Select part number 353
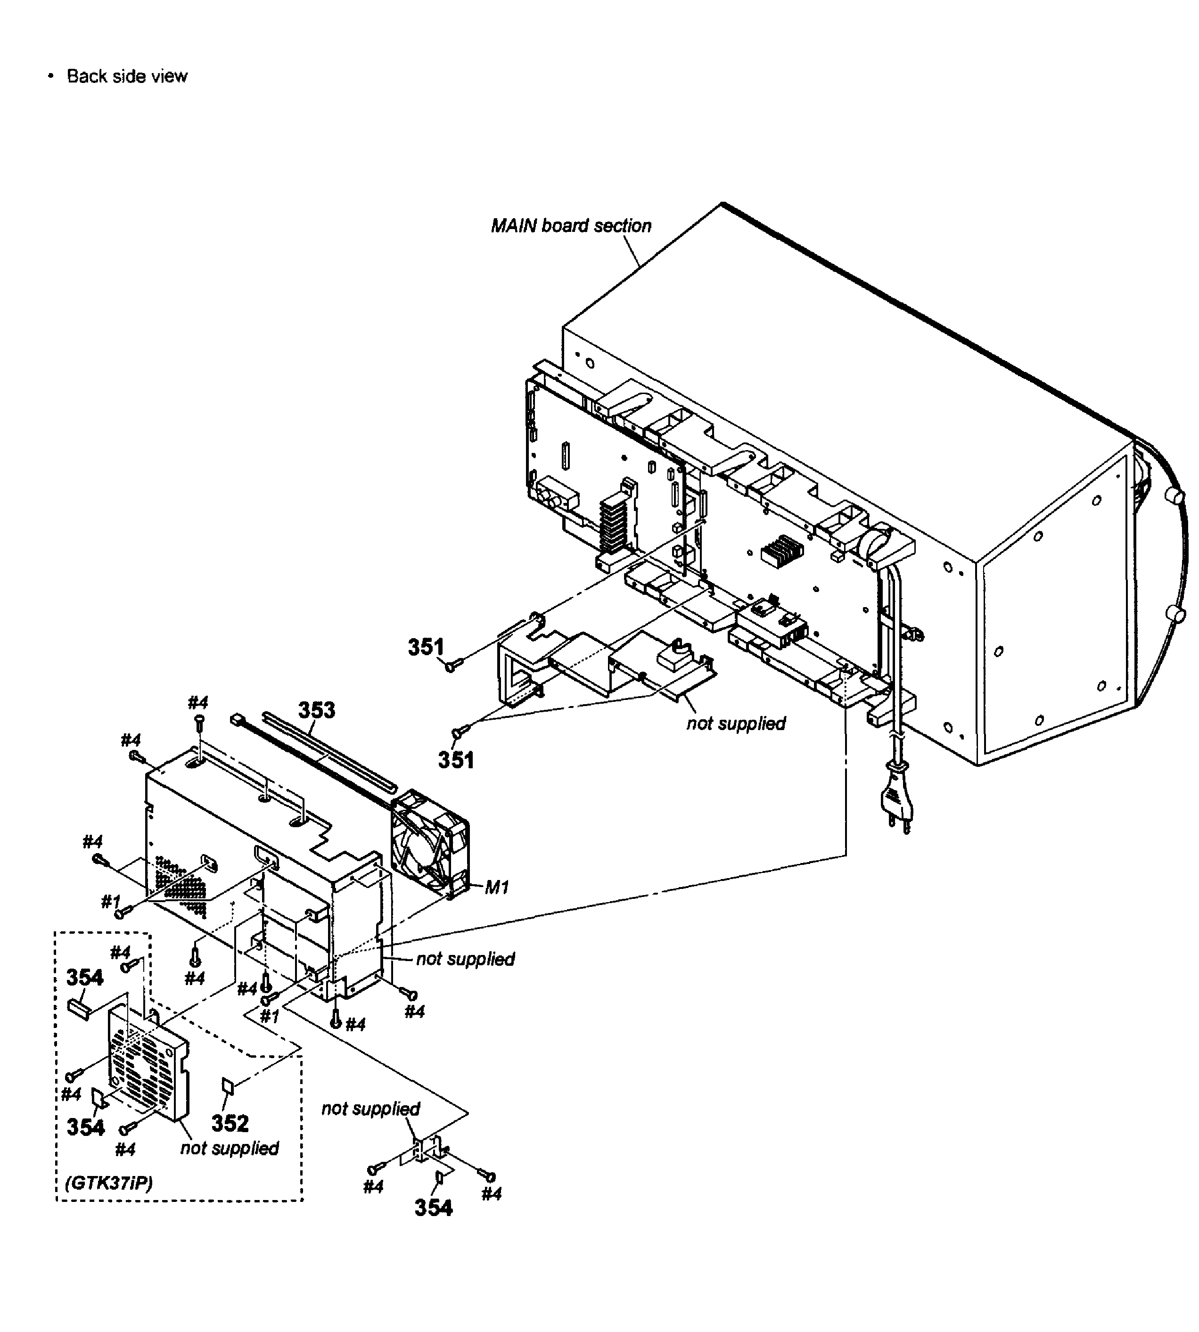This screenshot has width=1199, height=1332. click(317, 710)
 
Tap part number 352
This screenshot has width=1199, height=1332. click(230, 1123)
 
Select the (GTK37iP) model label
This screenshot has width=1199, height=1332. click(109, 1183)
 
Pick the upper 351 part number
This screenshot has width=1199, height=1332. click(426, 648)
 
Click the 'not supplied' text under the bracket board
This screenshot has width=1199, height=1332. click(736, 724)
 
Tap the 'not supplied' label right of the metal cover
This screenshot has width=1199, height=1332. click(465, 959)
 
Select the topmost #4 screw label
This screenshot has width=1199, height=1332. click(197, 702)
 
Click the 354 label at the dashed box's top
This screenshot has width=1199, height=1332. click(85, 978)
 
